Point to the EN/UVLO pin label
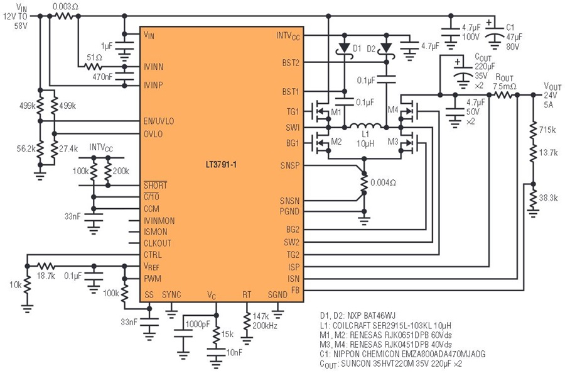coord(159,121)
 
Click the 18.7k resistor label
coord(46,276)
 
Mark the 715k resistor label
coord(547,130)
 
